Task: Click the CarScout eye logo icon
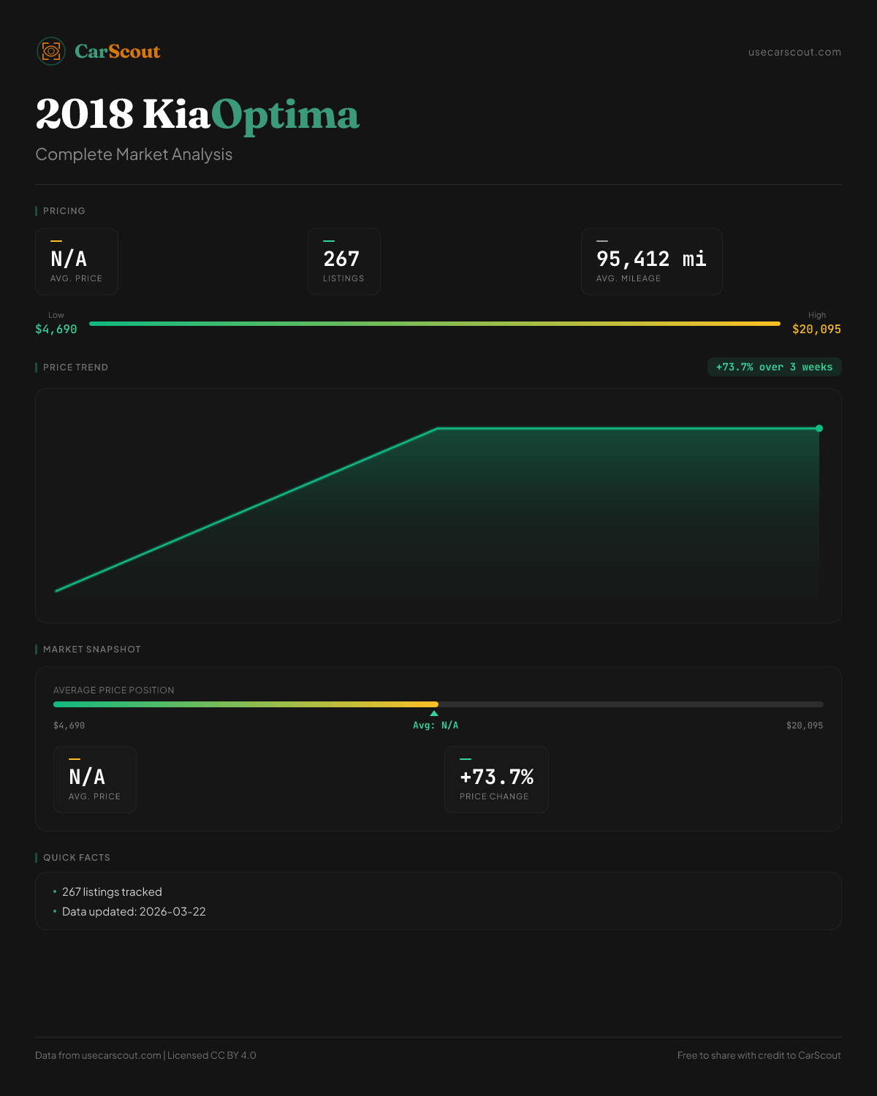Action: pos(51,51)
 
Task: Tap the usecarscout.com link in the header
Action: pos(794,52)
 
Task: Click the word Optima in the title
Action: pos(285,115)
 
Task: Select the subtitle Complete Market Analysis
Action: pos(134,154)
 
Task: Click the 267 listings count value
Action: pos(341,259)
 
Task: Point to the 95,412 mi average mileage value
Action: pos(651,259)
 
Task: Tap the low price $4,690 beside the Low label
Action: pos(56,329)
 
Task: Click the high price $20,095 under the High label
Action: pos(816,329)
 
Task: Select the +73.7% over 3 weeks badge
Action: pos(774,367)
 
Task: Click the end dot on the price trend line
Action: pos(819,428)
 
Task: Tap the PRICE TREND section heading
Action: pos(75,367)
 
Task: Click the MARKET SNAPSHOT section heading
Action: pos(91,649)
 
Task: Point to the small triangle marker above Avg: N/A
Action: pos(434,713)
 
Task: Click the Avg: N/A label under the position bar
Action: pos(436,725)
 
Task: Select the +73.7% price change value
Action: pos(496,777)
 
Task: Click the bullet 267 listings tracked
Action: pos(112,891)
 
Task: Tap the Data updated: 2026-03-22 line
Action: pos(134,911)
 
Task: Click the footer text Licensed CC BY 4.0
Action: pos(212,1055)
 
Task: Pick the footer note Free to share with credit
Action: pos(759,1055)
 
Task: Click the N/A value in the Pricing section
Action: pos(69,259)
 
